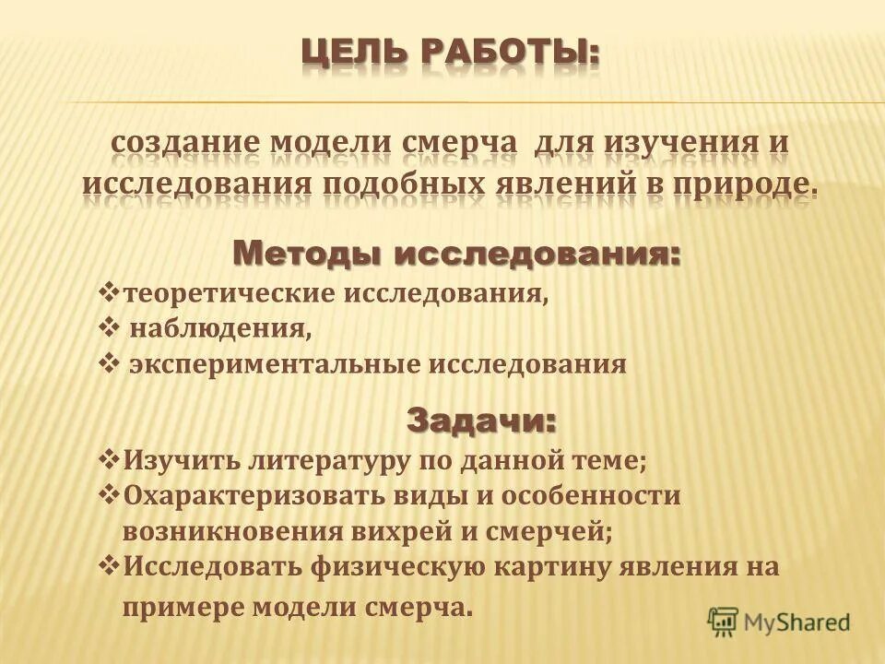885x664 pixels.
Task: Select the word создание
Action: [x=184, y=144]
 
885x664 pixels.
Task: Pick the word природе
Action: [x=743, y=183]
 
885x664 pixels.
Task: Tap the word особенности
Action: [x=596, y=495]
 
